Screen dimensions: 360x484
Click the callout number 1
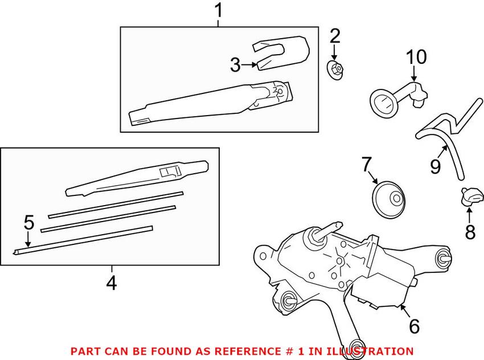219,10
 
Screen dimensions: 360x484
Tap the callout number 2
335,36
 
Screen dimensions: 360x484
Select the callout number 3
235,65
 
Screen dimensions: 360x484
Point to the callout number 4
112,282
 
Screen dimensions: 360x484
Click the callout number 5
29,223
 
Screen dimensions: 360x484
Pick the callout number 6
414,326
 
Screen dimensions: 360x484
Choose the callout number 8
470,232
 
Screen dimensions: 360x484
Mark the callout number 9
436,166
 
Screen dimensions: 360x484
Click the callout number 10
416,57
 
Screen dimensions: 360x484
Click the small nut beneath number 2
335,69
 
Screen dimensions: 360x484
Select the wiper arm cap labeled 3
281,53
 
